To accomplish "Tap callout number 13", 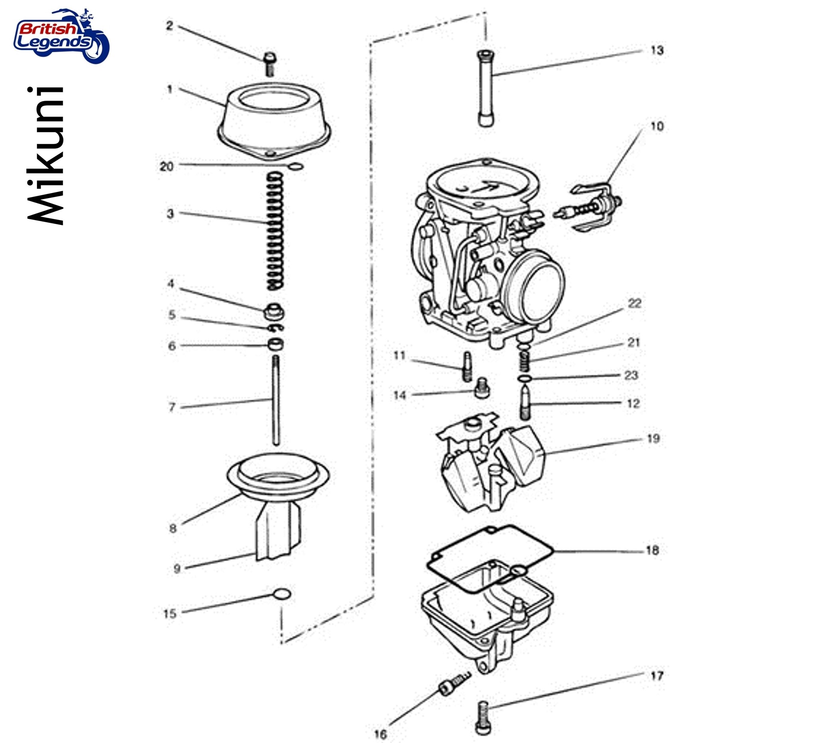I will (657, 51).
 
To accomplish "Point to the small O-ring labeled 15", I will (282, 594).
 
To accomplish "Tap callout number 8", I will (173, 528).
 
